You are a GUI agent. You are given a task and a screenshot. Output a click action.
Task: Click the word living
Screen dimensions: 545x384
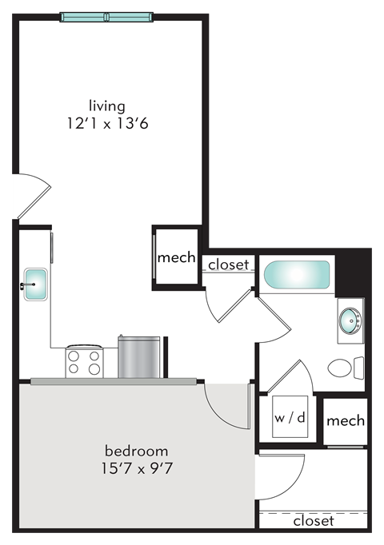[x=107, y=105]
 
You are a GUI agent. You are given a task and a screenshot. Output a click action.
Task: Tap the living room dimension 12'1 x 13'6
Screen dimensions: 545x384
[x=107, y=124]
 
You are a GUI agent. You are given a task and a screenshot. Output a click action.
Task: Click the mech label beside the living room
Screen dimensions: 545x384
[x=176, y=257]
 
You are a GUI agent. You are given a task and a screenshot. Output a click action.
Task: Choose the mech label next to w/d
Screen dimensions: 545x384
[x=346, y=420]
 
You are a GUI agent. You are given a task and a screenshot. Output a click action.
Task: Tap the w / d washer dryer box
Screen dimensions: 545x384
[x=290, y=417]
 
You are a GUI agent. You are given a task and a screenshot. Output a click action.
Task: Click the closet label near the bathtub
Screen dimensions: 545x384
[x=229, y=265]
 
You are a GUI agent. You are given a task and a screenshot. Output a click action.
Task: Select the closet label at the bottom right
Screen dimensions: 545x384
[x=313, y=520]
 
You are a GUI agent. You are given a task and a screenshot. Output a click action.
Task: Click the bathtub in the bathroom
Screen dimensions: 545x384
[x=297, y=276]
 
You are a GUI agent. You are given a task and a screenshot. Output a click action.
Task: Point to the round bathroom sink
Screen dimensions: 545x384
[x=350, y=320]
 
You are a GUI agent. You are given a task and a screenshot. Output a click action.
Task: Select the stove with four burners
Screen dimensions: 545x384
[x=84, y=361]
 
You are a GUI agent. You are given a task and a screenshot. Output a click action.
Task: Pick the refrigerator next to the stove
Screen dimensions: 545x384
[x=140, y=357]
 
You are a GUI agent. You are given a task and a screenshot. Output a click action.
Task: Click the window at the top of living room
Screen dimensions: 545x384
[x=106, y=18]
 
